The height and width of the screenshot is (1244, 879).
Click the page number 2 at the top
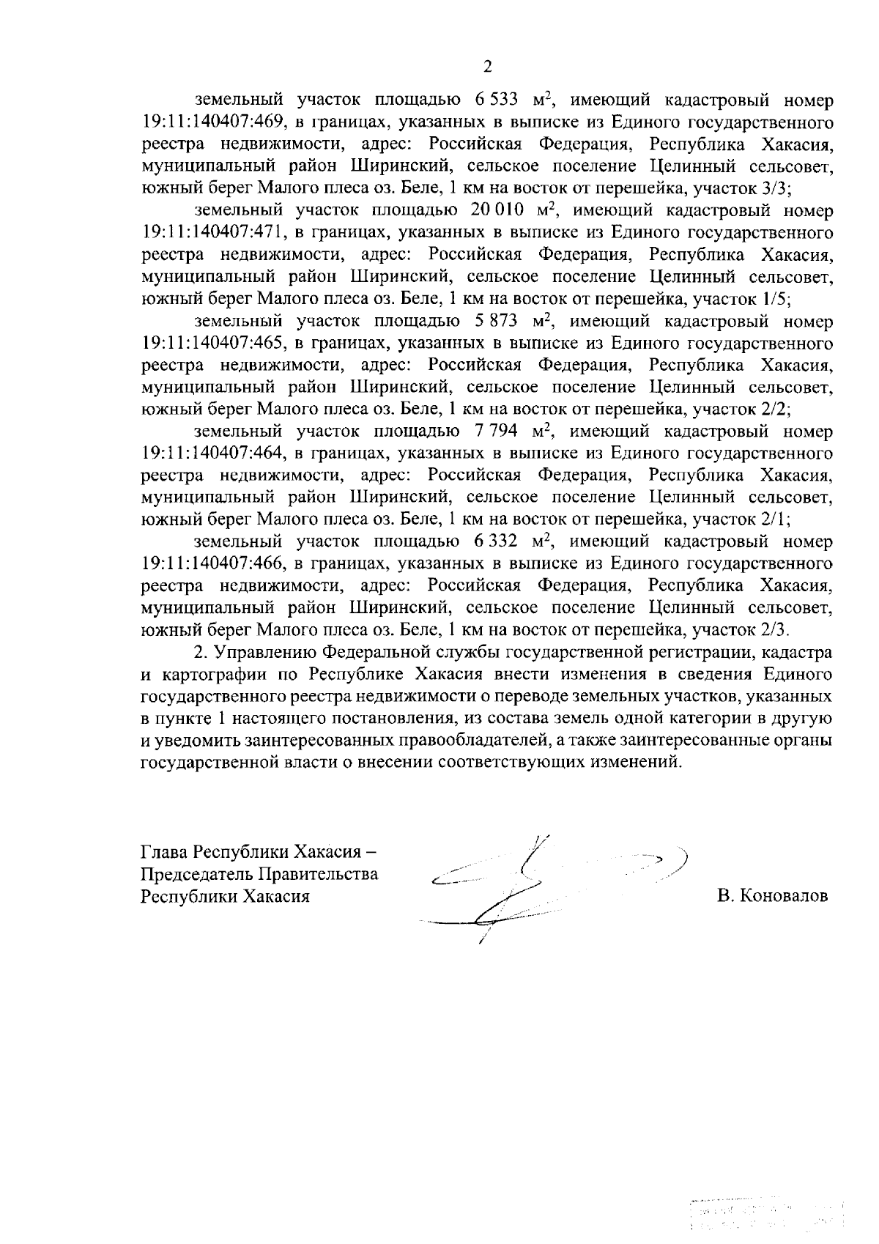[488, 67]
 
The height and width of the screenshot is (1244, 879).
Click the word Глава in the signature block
[164, 854]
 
